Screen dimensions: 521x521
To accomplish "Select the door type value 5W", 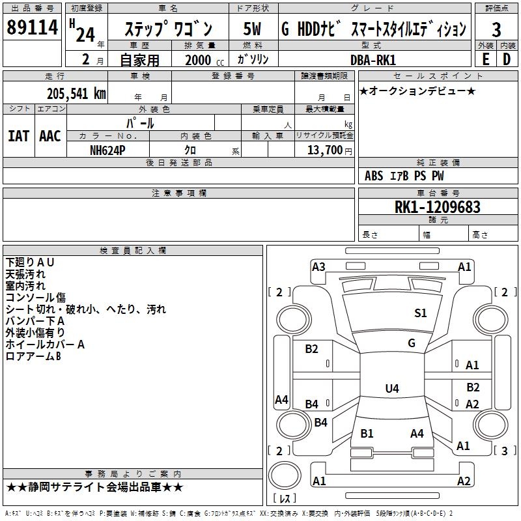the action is click(x=253, y=29).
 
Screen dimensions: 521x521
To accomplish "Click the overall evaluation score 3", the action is click(x=496, y=29).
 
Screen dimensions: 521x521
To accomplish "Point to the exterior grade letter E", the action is click(x=485, y=59).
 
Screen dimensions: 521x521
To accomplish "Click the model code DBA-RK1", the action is click(x=373, y=59).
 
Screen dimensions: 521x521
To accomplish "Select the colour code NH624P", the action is click(x=107, y=150).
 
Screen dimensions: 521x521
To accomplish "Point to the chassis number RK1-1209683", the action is click(x=438, y=207).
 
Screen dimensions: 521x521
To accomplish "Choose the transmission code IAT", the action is click(x=18, y=136).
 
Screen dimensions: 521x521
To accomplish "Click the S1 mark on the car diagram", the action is click(x=421, y=313).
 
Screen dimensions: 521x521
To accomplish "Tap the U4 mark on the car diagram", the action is click(x=391, y=389).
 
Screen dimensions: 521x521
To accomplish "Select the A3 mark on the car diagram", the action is click(x=318, y=266).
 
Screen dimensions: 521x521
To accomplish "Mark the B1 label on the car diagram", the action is click(x=367, y=433).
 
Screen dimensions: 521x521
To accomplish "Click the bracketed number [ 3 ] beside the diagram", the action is click(x=505, y=451).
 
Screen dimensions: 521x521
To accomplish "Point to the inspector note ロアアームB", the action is click(x=33, y=356).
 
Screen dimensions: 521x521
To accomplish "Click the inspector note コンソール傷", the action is click(x=36, y=298).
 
